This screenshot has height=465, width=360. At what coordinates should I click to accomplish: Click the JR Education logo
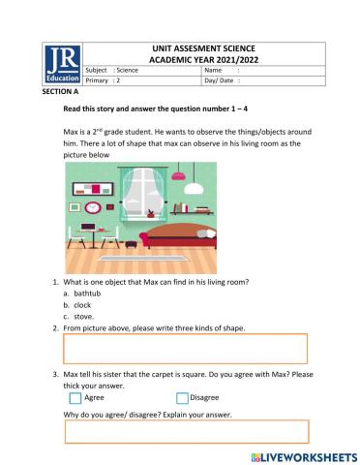tap(63, 66)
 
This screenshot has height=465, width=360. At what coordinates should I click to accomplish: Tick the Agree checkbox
tap(75, 397)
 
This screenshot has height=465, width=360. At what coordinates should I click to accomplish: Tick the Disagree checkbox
tap(182, 397)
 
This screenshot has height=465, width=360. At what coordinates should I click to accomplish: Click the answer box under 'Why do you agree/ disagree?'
tap(185, 431)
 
